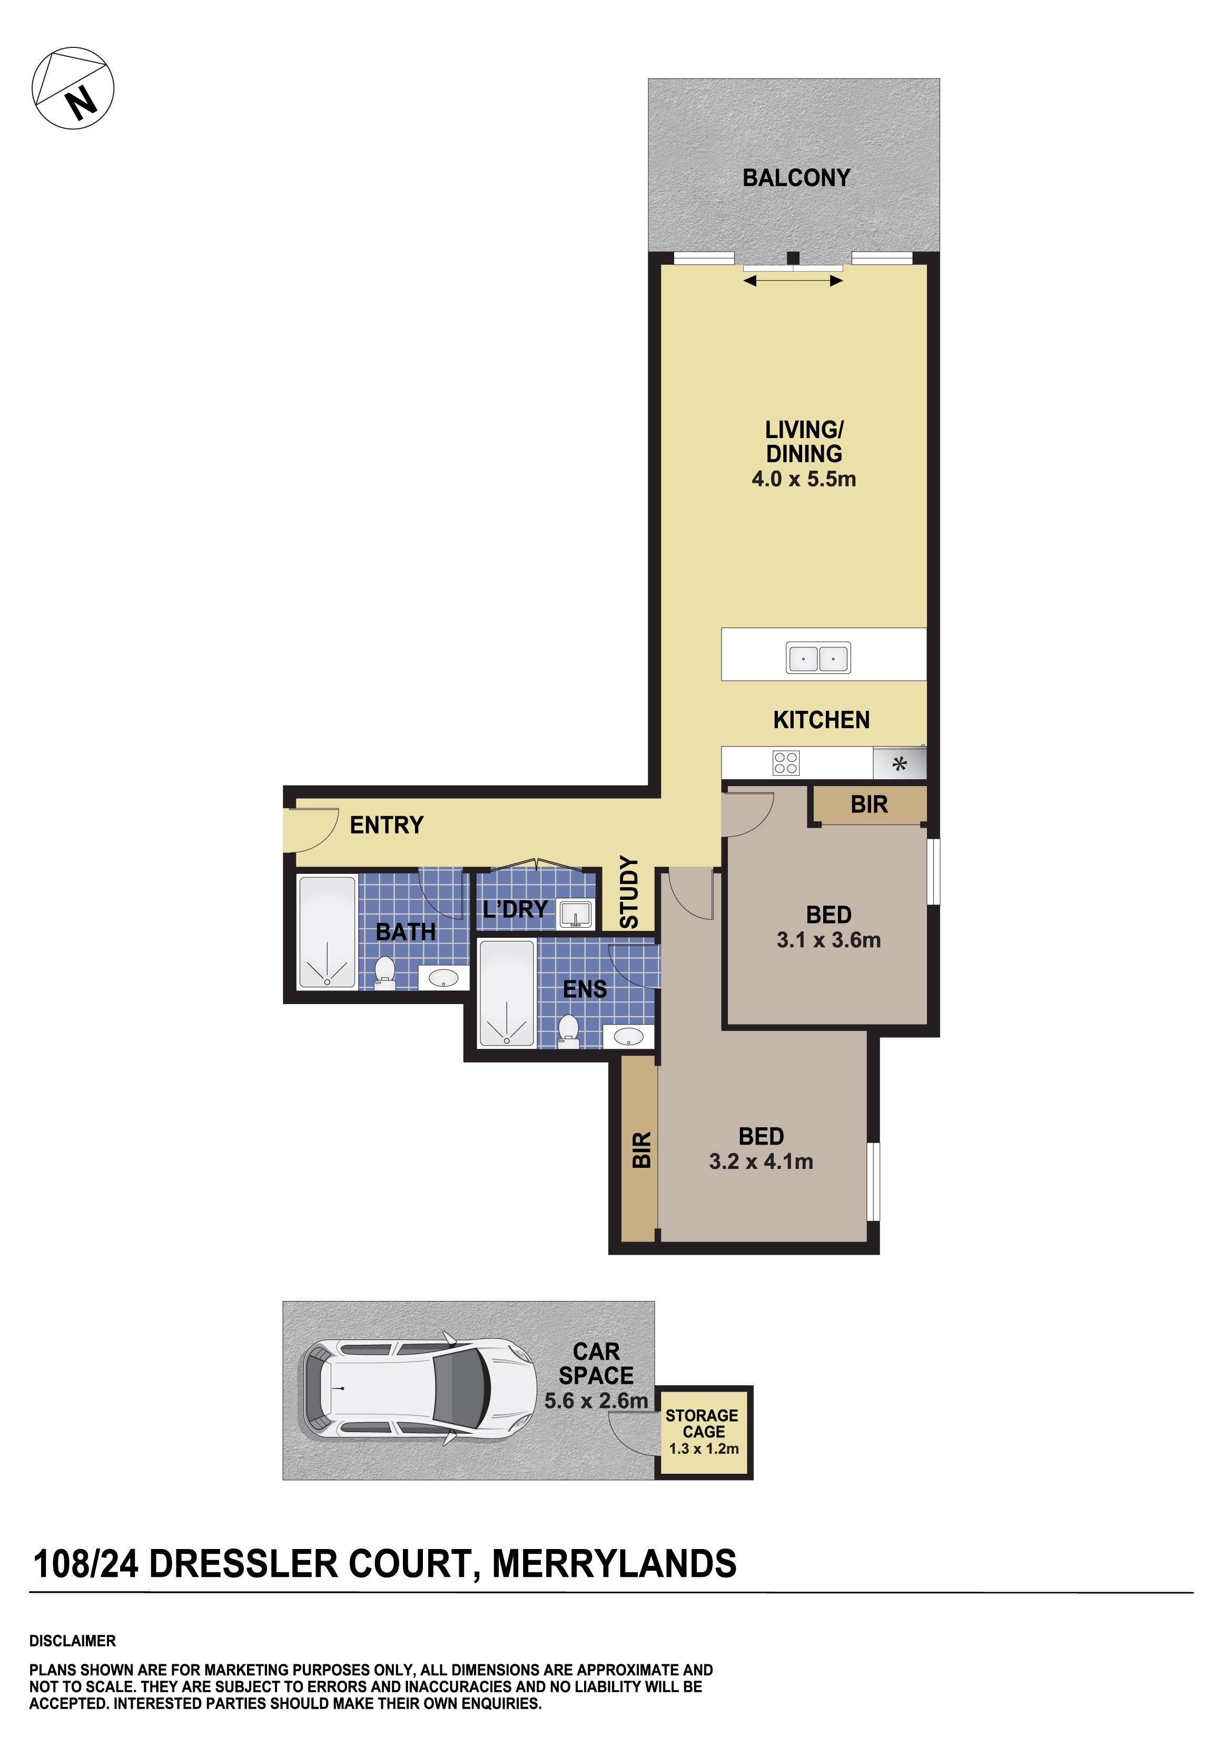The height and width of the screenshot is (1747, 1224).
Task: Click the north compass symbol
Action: pos(73,88)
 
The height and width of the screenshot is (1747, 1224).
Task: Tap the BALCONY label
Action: pos(796,178)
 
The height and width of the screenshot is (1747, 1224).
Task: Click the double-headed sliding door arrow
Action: pos(793,281)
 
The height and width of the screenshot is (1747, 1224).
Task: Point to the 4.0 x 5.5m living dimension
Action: pos(804,479)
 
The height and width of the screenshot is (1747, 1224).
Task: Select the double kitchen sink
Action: pos(818,658)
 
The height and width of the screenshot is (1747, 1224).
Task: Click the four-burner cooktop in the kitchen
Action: pos(786,762)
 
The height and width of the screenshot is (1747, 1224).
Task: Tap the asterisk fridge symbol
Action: pos(900,764)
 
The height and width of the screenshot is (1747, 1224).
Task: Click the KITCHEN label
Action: pos(821,720)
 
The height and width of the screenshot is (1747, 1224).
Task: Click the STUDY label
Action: pos(629,892)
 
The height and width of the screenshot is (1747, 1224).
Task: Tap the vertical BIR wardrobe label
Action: pos(641,1150)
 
